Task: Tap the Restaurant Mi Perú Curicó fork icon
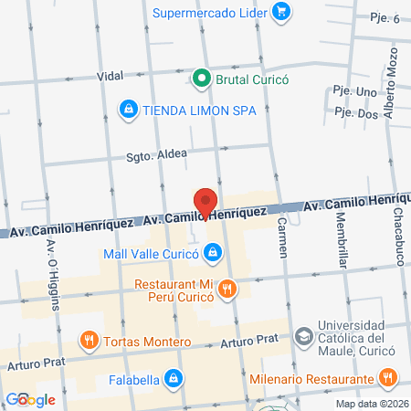(227, 290)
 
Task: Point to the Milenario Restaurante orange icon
(388, 377)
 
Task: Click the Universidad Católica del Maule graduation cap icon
(301, 335)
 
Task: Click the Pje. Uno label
(354, 92)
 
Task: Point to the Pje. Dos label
(355, 113)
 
